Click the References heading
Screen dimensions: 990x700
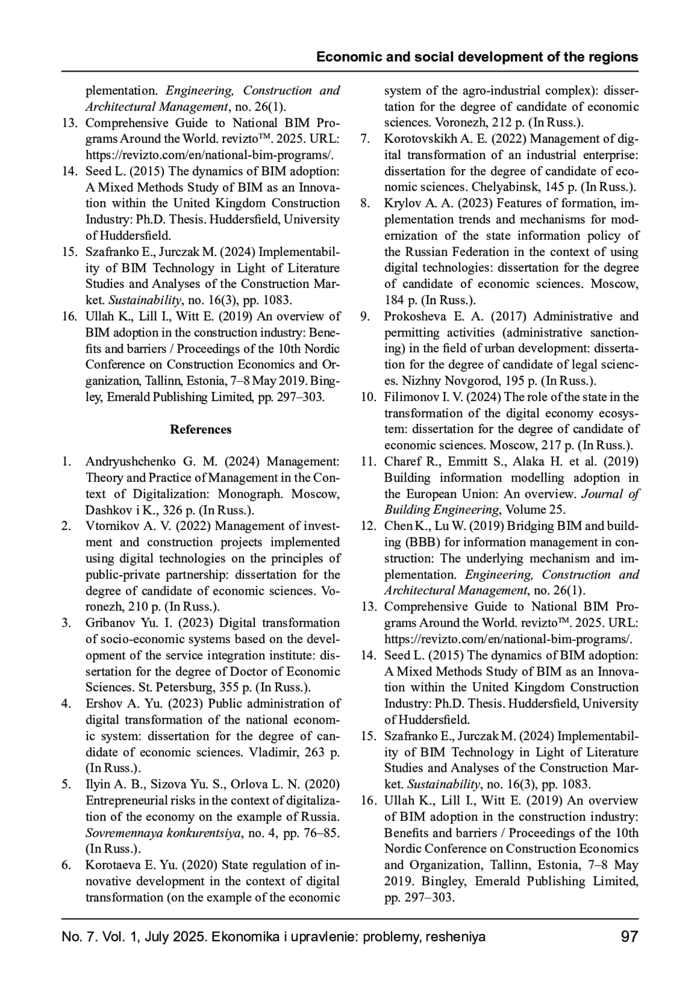[201, 430]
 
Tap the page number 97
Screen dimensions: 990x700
[629, 937]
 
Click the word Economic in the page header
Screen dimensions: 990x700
[345, 57]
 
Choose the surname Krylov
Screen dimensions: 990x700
[400, 203]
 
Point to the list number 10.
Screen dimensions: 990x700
[368, 397]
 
